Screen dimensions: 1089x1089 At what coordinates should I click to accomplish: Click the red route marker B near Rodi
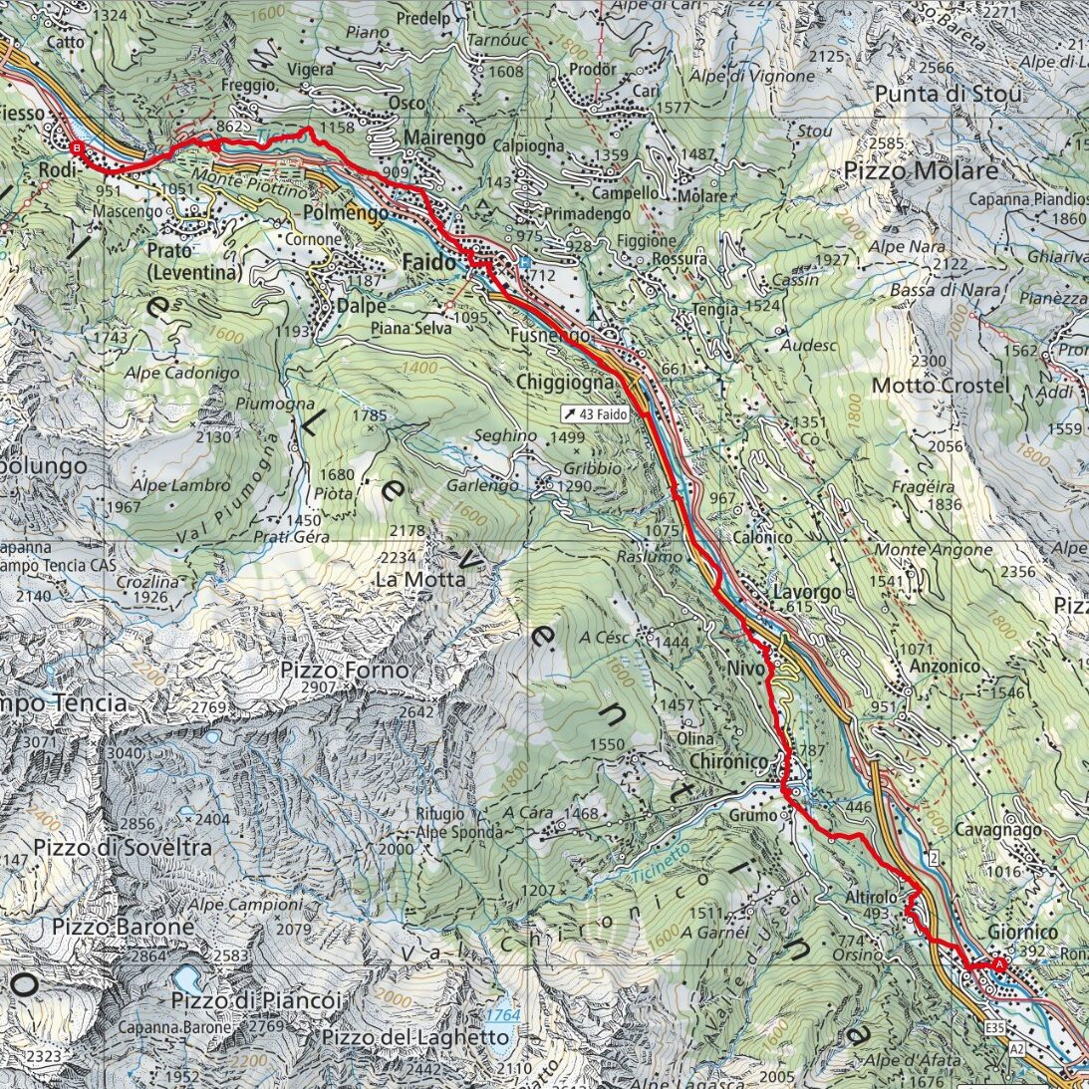click(x=78, y=148)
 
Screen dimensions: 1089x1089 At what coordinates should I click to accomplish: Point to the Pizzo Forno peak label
click(x=344, y=671)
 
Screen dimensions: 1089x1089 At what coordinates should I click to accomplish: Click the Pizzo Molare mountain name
click(x=921, y=171)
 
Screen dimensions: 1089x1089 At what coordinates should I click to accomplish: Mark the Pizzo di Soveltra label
click(x=122, y=848)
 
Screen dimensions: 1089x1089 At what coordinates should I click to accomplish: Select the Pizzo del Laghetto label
click(x=414, y=1037)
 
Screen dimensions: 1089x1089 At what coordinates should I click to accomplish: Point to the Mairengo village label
click(x=445, y=137)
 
